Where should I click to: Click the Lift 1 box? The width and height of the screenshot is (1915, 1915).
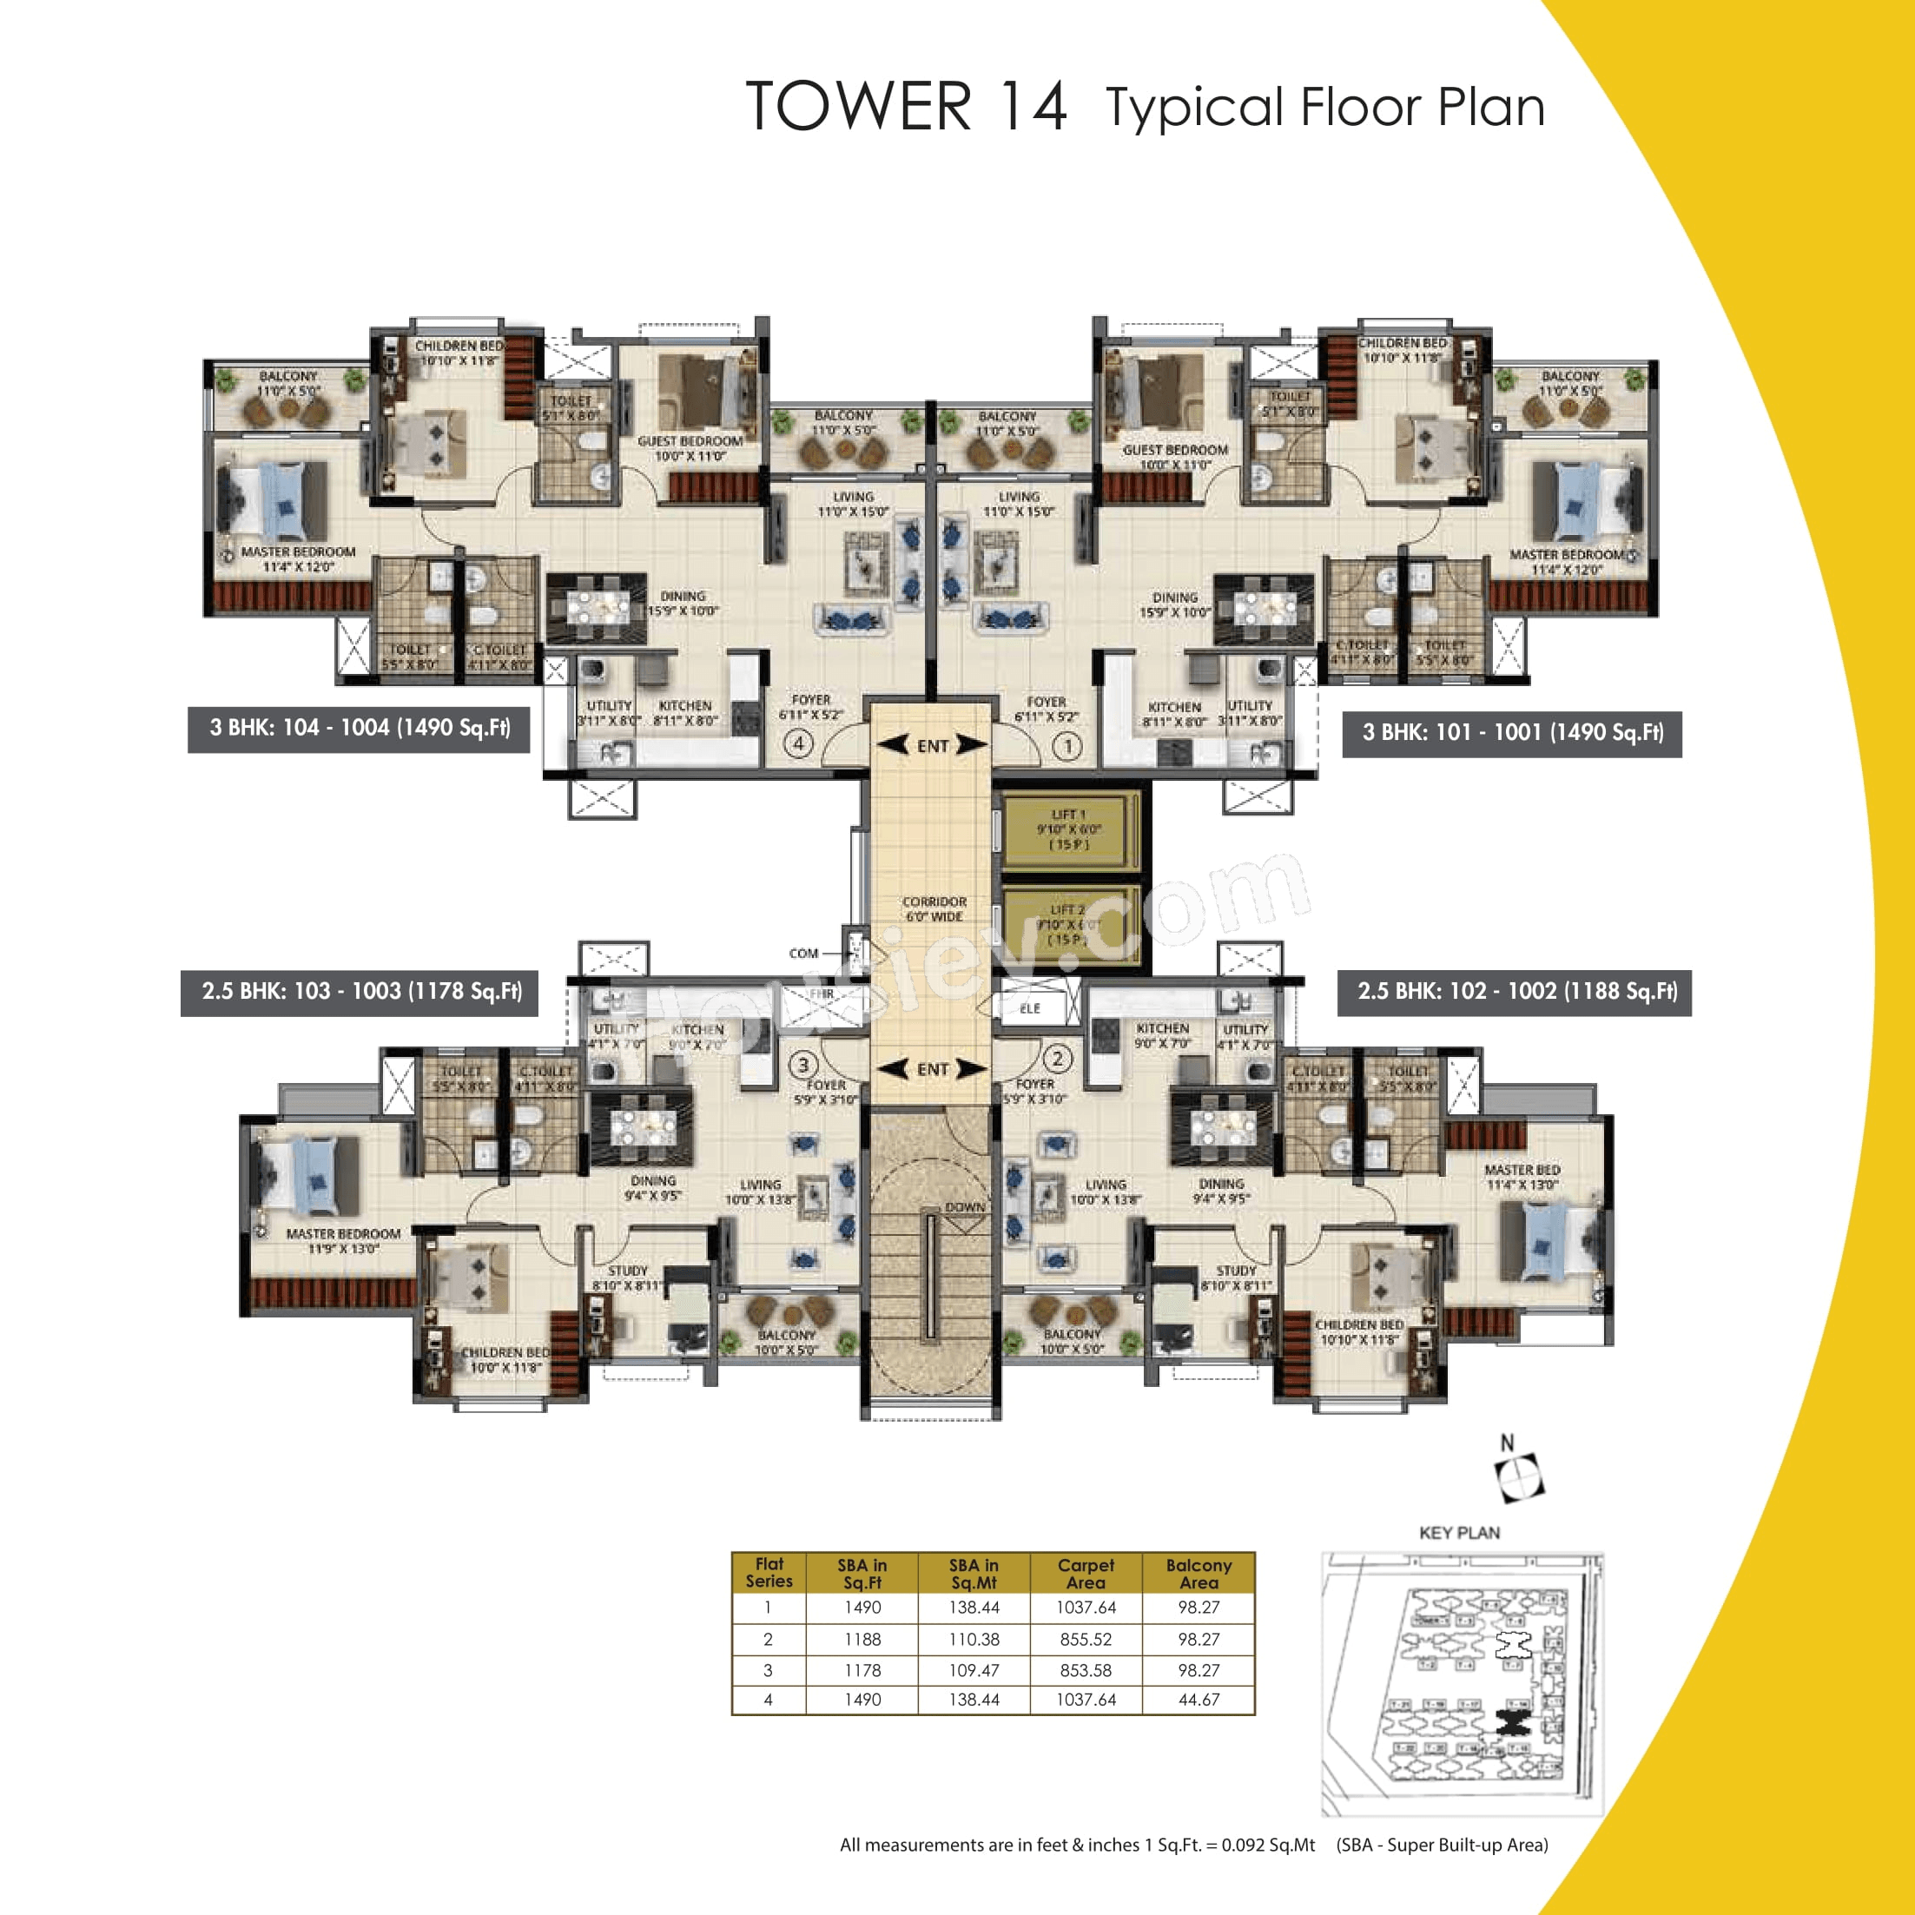1068,829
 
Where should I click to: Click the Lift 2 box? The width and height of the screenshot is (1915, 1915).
1068,925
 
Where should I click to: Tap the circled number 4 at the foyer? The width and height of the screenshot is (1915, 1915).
799,743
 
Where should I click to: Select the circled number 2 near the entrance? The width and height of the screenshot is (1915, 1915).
1058,1059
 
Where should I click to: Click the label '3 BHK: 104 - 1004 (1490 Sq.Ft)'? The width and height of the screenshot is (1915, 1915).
359,729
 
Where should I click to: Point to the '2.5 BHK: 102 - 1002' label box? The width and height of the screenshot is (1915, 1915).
1515,992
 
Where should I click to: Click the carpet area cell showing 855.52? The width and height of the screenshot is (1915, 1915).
1086,1640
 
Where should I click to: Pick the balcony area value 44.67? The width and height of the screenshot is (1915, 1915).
1198,1699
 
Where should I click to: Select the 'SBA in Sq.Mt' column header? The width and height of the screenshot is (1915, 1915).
974,1573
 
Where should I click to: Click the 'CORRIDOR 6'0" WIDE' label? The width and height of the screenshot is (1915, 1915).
934,909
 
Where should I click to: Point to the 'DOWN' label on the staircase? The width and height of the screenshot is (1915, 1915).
964,1207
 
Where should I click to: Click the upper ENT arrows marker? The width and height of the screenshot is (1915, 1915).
932,745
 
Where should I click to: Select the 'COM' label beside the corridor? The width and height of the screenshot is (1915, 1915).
804,954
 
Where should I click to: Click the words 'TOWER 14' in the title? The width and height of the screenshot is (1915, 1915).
906,107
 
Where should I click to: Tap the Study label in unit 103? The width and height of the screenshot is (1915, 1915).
627,1271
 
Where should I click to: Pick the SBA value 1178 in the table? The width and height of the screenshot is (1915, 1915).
862,1670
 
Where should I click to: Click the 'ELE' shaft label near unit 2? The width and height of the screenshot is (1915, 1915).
1030,1008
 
